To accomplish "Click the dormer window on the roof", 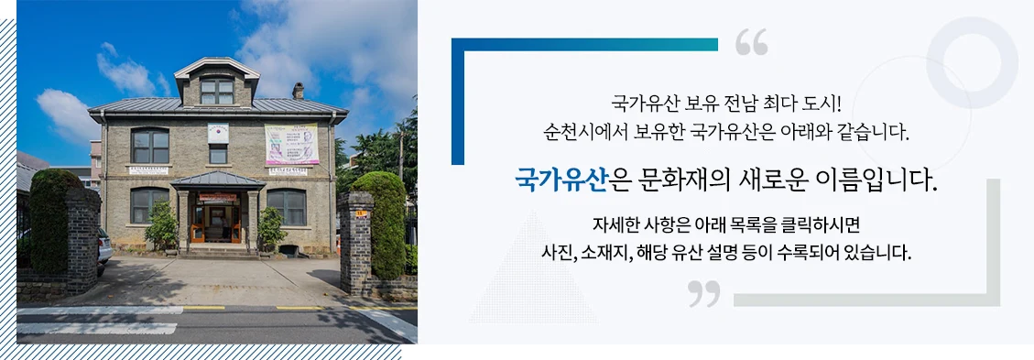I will pyautogui.click(x=217, y=91).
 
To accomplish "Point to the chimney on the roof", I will pyautogui.click(x=298, y=91).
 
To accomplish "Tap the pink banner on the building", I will pyautogui.click(x=291, y=144).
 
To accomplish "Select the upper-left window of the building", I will pyautogui.click(x=150, y=146).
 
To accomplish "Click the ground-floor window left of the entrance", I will pyautogui.click(x=149, y=205).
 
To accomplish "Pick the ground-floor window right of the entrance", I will pyautogui.click(x=287, y=207).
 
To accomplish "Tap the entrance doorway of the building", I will pyautogui.click(x=218, y=223).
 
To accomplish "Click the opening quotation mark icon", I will pyautogui.click(x=751, y=42).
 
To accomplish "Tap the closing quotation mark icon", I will pyautogui.click(x=703, y=293).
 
